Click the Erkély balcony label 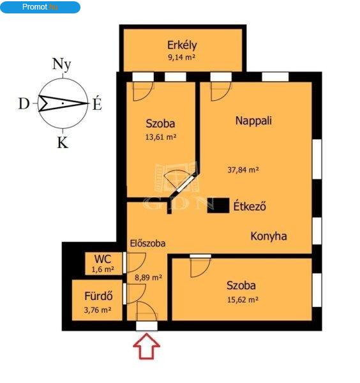[x=182, y=46]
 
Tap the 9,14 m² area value [x=181, y=57]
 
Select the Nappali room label [x=253, y=121]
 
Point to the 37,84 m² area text [x=243, y=170]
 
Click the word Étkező [x=250, y=206]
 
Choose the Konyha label [x=269, y=236]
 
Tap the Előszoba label [x=147, y=243]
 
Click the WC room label [x=103, y=259]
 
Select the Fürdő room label [x=98, y=296]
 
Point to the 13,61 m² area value [x=161, y=137]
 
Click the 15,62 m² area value [x=243, y=299]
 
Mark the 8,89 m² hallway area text [x=149, y=278]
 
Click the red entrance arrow [x=147, y=347]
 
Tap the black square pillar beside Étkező [x=218, y=205]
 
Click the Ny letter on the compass [x=62, y=64]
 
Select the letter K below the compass [x=63, y=142]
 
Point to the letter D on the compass [x=24, y=104]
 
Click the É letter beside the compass [x=97, y=103]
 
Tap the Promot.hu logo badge [x=40, y=7]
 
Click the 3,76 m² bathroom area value [x=98, y=310]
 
